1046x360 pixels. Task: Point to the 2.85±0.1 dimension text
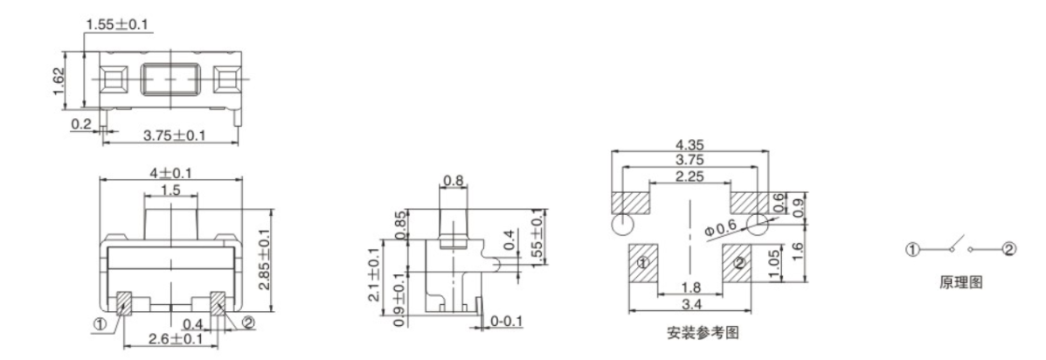point(264,260)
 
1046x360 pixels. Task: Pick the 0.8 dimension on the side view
point(454,181)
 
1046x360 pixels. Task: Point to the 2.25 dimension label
point(690,178)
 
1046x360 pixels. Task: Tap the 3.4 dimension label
point(690,305)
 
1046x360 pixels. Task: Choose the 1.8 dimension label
point(690,288)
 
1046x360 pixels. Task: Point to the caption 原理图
point(959,284)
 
